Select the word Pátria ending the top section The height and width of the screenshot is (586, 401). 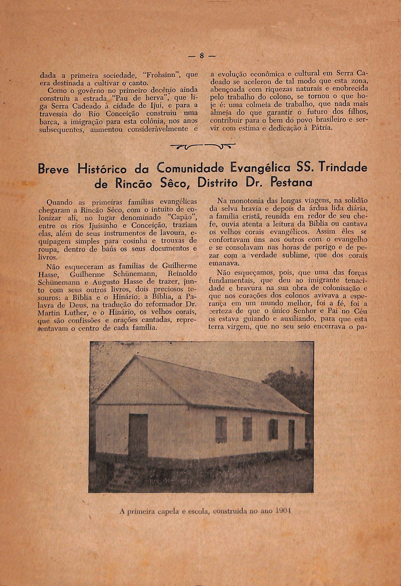(x=321, y=128)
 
